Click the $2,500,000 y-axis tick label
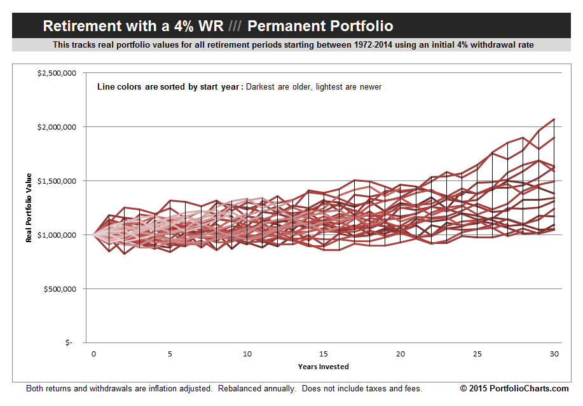click(57, 73)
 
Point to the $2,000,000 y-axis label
click(57, 127)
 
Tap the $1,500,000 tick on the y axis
click(57, 181)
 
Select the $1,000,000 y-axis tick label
click(57, 235)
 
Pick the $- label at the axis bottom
click(69, 342)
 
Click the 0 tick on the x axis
click(93, 353)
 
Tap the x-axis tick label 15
click(324, 353)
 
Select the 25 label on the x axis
click(477, 353)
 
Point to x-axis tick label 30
click(554, 353)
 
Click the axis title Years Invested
click(324, 367)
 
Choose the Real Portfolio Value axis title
click(29, 208)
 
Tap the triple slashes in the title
click(235, 27)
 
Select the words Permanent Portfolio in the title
click(320, 27)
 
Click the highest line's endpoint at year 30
click(554, 119)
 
